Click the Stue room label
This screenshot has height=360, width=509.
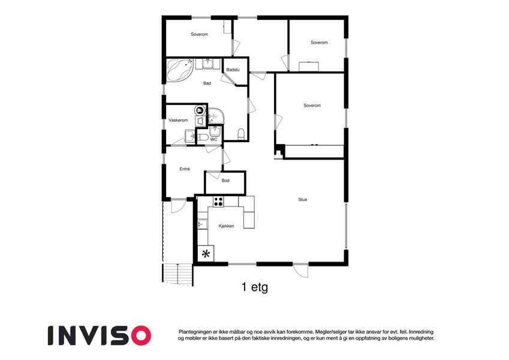click(x=303, y=199)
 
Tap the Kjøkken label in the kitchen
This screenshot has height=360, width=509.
click(x=226, y=226)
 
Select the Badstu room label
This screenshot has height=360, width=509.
click(x=233, y=70)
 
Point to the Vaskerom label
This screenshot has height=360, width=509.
click(x=178, y=120)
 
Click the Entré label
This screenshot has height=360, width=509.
click(x=185, y=169)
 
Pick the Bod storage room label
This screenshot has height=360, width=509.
click(x=225, y=181)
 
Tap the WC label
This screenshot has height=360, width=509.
click(x=213, y=139)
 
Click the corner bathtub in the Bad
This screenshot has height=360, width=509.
click(x=180, y=70)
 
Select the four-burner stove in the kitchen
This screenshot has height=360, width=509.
click(x=218, y=202)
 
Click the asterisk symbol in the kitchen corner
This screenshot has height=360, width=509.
click(x=206, y=254)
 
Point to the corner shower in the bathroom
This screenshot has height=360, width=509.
click(x=216, y=116)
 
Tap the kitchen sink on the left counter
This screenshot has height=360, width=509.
click(x=203, y=224)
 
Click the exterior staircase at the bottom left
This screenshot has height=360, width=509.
click(x=177, y=275)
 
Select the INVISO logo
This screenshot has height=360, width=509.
click(x=100, y=335)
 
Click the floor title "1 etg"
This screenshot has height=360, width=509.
click(x=255, y=287)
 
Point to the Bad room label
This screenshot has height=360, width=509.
click(x=207, y=83)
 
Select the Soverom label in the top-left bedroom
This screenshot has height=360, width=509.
click(x=199, y=34)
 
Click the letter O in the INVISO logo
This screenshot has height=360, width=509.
click(x=140, y=335)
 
